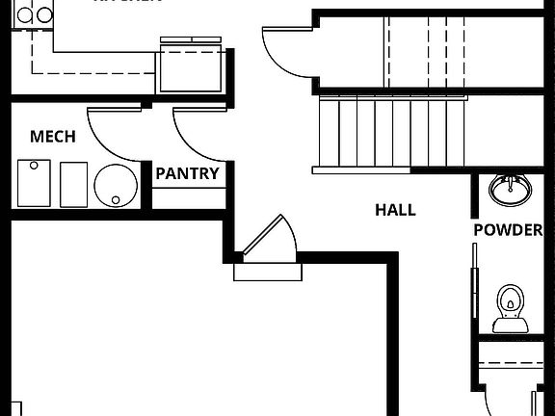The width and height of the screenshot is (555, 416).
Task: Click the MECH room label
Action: point(52,137)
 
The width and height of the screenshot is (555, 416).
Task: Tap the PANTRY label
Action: point(187,174)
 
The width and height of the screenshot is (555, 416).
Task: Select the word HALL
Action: point(395,209)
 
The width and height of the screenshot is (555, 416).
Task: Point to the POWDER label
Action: point(508,230)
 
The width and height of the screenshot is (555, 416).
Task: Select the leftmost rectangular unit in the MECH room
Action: point(34,183)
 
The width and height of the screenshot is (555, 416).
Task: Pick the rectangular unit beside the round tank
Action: point(73,183)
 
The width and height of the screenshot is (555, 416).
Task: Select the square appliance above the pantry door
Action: point(193,67)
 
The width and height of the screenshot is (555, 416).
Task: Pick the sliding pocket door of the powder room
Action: point(473,289)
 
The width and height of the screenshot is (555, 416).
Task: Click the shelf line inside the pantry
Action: point(187,189)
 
